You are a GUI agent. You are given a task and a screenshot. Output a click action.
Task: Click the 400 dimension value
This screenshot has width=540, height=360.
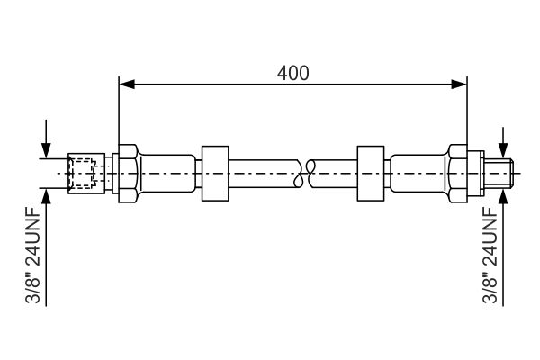(x=293, y=73)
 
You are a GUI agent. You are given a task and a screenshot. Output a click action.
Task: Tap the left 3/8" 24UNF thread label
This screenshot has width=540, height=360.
(x=33, y=255)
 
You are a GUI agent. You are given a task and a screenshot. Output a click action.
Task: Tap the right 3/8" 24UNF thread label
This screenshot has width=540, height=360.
(x=490, y=255)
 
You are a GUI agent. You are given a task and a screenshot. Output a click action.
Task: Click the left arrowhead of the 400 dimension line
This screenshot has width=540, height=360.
(x=127, y=85)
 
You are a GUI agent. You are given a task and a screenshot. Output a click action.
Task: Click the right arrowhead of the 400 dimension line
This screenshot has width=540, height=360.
(x=459, y=85)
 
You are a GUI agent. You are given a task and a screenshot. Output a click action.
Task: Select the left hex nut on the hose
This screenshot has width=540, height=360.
(x=129, y=174)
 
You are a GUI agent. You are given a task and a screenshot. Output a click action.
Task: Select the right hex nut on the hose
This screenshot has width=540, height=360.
(x=457, y=174)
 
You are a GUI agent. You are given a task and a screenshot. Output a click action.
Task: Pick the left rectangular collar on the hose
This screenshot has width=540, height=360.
(x=215, y=174)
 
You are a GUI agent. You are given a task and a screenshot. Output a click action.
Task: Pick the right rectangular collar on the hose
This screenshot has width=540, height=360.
(x=371, y=174)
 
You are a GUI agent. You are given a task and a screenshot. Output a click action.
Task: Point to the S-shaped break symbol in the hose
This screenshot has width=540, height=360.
(x=304, y=174)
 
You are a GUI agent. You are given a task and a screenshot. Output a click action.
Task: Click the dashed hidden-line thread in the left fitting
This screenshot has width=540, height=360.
(x=81, y=174)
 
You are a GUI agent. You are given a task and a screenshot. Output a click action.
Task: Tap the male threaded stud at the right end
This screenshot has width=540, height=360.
(x=499, y=174)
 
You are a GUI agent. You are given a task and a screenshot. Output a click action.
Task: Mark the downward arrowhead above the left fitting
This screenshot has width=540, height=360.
(x=46, y=151)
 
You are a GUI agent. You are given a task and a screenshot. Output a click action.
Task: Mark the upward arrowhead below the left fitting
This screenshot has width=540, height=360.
(x=46, y=196)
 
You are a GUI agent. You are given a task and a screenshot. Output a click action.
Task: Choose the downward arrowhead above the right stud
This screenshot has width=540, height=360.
(x=503, y=151)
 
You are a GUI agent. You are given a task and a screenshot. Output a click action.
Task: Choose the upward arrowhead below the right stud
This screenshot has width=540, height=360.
(x=503, y=196)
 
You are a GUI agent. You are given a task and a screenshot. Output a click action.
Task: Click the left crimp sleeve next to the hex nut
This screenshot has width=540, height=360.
(x=167, y=174)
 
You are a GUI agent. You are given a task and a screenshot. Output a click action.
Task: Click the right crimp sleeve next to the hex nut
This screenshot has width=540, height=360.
(x=418, y=174)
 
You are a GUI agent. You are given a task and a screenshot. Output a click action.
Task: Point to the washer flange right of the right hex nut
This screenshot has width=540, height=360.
(x=475, y=174)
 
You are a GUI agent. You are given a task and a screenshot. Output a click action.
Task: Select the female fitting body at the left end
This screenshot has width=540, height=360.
(x=86, y=174)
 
